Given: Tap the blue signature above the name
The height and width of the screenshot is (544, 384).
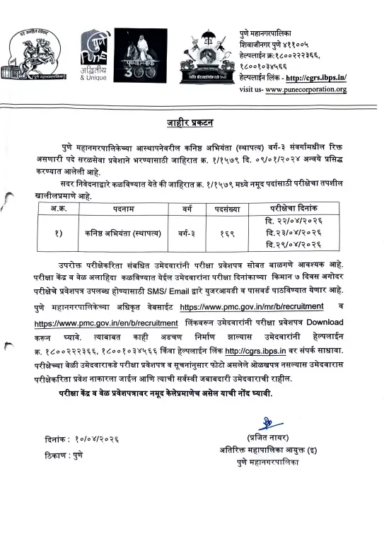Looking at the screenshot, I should click(268, 424).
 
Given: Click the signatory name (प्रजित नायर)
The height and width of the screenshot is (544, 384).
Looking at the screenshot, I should click(268, 437).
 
